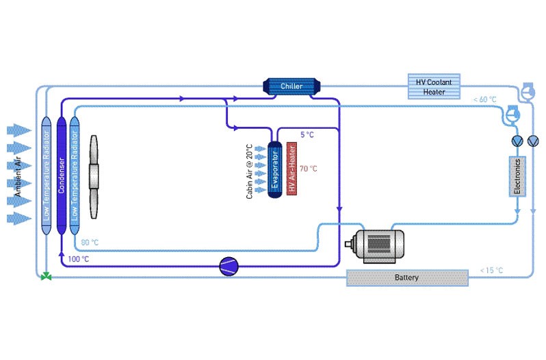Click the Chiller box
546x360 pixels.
[x=291, y=86]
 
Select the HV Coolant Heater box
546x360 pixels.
[x=434, y=86]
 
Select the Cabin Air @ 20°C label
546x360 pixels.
[x=250, y=171]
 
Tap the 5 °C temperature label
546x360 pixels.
[x=307, y=135]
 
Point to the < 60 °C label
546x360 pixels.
[x=484, y=100]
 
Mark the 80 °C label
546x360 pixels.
[x=90, y=243]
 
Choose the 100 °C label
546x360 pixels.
[x=79, y=259]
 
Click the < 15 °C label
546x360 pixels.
[x=491, y=270]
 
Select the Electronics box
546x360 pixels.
[x=518, y=176]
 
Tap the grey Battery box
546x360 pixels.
[x=407, y=278]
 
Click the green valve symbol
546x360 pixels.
[x=46, y=277]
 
